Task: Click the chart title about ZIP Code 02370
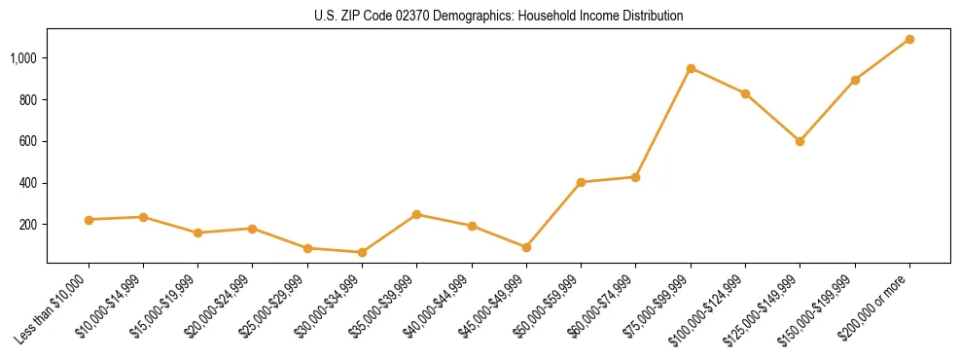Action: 499,17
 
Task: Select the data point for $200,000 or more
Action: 909,39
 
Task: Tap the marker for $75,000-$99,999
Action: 691,68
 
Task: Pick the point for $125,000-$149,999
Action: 800,141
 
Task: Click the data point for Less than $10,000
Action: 89,220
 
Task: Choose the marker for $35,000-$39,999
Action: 416,214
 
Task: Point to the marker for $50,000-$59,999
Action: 581,182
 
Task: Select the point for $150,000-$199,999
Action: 855,80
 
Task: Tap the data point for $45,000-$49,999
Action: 526,247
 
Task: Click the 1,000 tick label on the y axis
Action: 22,58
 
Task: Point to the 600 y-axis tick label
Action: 27,141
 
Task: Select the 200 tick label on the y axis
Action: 27,225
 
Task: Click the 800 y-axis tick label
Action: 27,100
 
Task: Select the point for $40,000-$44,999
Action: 472,226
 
